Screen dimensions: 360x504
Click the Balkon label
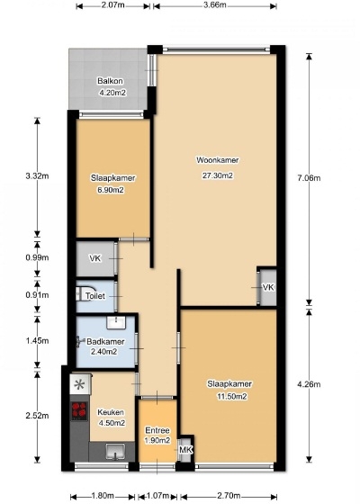(x=110, y=81)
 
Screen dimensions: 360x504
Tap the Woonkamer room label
(x=218, y=160)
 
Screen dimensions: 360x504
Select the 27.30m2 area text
(x=217, y=175)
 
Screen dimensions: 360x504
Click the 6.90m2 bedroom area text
(x=111, y=190)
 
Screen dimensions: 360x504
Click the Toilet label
(x=95, y=295)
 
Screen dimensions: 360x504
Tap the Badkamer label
(x=105, y=341)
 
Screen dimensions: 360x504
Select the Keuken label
(x=111, y=412)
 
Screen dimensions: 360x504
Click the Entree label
(x=157, y=430)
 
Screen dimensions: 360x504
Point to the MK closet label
(x=185, y=450)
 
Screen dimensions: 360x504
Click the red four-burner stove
(x=79, y=410)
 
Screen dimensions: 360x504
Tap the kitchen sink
(x=116, y=451)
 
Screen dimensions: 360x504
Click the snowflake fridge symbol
(x=79, y=384)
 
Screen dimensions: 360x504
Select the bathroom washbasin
(x=116, y=322)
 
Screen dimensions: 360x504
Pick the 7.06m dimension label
(x=309, y=178)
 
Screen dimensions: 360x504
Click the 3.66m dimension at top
(x=215, y=5)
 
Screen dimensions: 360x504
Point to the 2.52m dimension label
(x=37, y=416)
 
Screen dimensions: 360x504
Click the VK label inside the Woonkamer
(x=268, y=287)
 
